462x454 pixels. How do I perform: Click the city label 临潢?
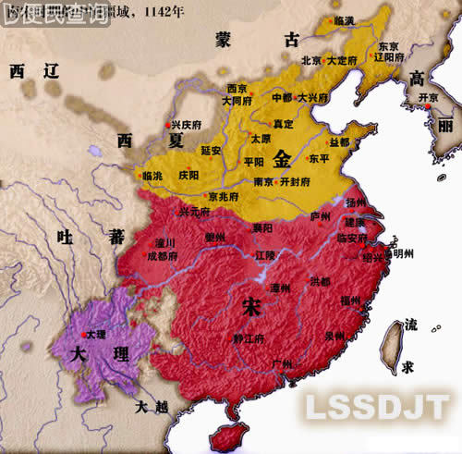pos(344,19)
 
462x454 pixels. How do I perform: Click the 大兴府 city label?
pos(312,97)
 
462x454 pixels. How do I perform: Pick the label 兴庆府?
pos(185,123)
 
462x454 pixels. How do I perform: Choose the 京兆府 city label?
pos(224,196)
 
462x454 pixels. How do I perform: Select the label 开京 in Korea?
pos(428,97)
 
